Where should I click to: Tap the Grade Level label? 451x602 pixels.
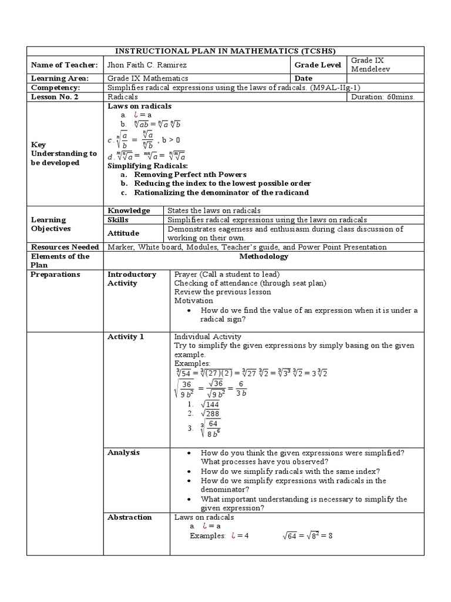[x=318, y=65]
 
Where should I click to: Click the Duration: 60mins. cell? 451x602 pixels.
[x=382, y=97]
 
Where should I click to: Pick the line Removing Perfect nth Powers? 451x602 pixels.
[x=190, y=175]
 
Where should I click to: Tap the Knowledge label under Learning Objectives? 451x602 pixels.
[x=128, y=210]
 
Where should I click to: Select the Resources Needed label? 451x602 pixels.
[x=65, y=248]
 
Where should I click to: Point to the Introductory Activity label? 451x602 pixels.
[x=132, y=279]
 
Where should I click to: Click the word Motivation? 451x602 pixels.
[x=193, y=300]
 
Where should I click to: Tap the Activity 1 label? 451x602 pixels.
[x=125, y=337]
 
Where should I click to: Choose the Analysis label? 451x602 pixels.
[x=123, y=453]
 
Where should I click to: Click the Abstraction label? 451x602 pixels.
[x=129, y=517]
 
